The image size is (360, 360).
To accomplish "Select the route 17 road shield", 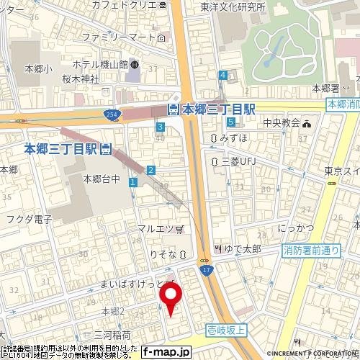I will coord(207,270).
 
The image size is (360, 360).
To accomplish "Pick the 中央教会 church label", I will coord(279,122).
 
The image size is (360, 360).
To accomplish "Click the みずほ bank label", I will coord(229,138).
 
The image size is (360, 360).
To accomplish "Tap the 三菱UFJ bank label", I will coord(234,161).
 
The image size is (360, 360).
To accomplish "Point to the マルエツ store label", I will coord(156,229).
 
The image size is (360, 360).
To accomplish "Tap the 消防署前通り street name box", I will coord(310,251).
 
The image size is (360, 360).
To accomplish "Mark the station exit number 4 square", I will coord(224,75).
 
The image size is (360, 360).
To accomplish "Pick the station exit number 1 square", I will coord(134,184).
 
